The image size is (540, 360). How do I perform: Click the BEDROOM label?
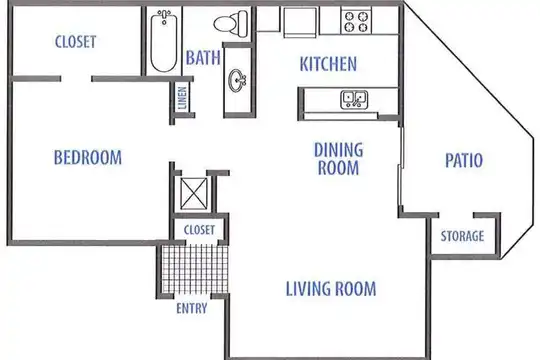pyautogui.click(x=88, y=157)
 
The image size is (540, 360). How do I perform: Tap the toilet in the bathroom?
pyautogui.click(x=231, y=23)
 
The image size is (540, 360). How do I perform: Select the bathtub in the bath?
pyautogui.click(x=164, y=41)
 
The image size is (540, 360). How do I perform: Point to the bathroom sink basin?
pyautogui.click(x=237, y=81)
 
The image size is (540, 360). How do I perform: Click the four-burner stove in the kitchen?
pyautogui.click(x=356, y=21)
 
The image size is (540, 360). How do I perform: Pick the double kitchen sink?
pyautogui.click(x=354, y=100)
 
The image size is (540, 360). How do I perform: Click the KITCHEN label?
pyautogui.click(x=328, y=64)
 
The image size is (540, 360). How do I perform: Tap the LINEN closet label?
pyautogui.click(x=182, y=98)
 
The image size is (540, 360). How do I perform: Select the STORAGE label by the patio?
pyautogui.click(x=463, y=236)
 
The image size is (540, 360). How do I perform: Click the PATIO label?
pyautogui.click(x=464, y=160)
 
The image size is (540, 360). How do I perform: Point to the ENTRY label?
pyautogui.click(x=192, y=308)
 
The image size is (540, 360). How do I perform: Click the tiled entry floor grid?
pyautogui.click(x=195, y=269)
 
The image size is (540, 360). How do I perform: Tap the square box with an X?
pyautogui.click(x=194, y=193)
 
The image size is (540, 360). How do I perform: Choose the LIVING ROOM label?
pyautogui.click(x=331, y=289)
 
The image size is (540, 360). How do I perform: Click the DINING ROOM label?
pyautogui.click(x=339, y=159)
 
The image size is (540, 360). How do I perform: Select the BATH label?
pyautogui.click(x=203, y=58)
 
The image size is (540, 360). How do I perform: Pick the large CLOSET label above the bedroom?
pyautogui.click(x=75, y=42)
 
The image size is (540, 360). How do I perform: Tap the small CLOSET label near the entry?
pyautogui.click(x=199, y=230)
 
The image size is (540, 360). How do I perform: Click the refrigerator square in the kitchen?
pyautogui.click(x=300, y=22)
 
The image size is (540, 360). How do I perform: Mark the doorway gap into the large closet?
pyautogui.click(x=76, y=79)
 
